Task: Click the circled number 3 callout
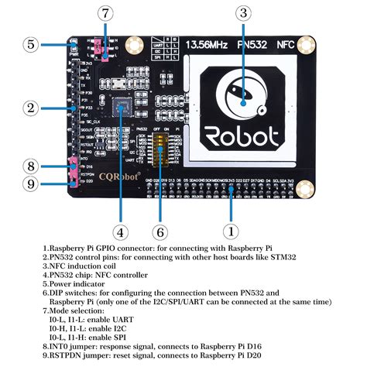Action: point(244,12)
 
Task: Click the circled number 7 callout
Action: point(105,13)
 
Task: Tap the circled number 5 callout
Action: point(30,44)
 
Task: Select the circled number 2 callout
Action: point(30,108)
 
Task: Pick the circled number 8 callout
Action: point(30,166)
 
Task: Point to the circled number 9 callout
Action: point(30,183)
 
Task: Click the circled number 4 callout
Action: point(119,231)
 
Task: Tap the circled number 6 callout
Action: point(160,231)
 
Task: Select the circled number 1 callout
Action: point(230,231)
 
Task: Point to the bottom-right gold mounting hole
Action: point(307,188)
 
